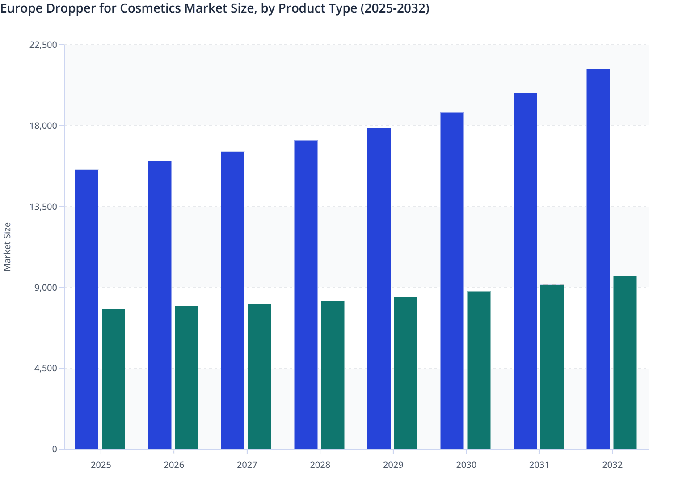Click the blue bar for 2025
[87, 309]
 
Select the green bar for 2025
[114, 379]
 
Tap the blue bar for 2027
[233, 300]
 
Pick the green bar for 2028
[333, 375]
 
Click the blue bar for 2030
[452, 280]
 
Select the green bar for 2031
[552, 367]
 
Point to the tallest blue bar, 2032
[598, 259]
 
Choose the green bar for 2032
[625, 363]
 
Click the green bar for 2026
[186, 378]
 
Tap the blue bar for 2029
[379, 289]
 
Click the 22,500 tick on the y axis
[43, 45]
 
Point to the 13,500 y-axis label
[43, 207]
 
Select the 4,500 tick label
[46, 369]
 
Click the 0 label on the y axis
[55, 450]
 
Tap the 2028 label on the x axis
[320, 465]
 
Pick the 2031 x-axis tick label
[539, 465]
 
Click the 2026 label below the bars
[174, 465]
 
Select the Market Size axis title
[7, 246]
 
